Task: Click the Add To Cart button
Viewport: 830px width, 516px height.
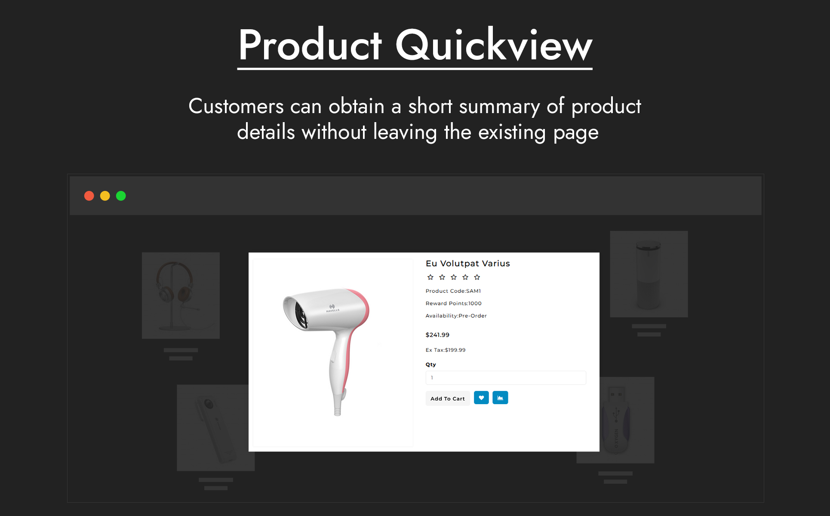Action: pos(447,399)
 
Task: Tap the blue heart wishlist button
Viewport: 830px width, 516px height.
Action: pos(481,398)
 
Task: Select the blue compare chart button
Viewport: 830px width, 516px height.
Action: pos(500,398)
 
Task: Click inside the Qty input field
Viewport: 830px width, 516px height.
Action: pos(506,378)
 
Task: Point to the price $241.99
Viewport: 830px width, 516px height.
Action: pos(437,335)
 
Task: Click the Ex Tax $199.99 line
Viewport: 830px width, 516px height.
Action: pos(446,350)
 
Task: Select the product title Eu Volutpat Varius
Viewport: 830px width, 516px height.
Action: pos(468,264)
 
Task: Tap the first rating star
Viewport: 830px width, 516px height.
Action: pos(430,277)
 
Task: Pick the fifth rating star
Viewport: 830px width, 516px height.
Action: pos(477,277)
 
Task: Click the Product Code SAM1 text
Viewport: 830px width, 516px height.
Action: pos(453,291)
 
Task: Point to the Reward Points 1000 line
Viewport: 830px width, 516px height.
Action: pos(454,304)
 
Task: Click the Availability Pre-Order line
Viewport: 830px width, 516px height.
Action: pos(456,316)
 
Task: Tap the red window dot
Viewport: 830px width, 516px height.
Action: pos(89,196)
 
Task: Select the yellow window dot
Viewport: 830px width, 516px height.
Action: pos(105,196)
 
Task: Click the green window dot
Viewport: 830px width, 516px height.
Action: pos(121,196)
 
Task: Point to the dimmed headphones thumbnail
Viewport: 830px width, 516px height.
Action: pos(181,295)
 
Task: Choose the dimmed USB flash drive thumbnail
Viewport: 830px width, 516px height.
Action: pos(616,420)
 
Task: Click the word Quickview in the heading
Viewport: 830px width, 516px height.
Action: pos(494,45)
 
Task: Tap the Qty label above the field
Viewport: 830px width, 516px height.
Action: pos(431,365)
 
